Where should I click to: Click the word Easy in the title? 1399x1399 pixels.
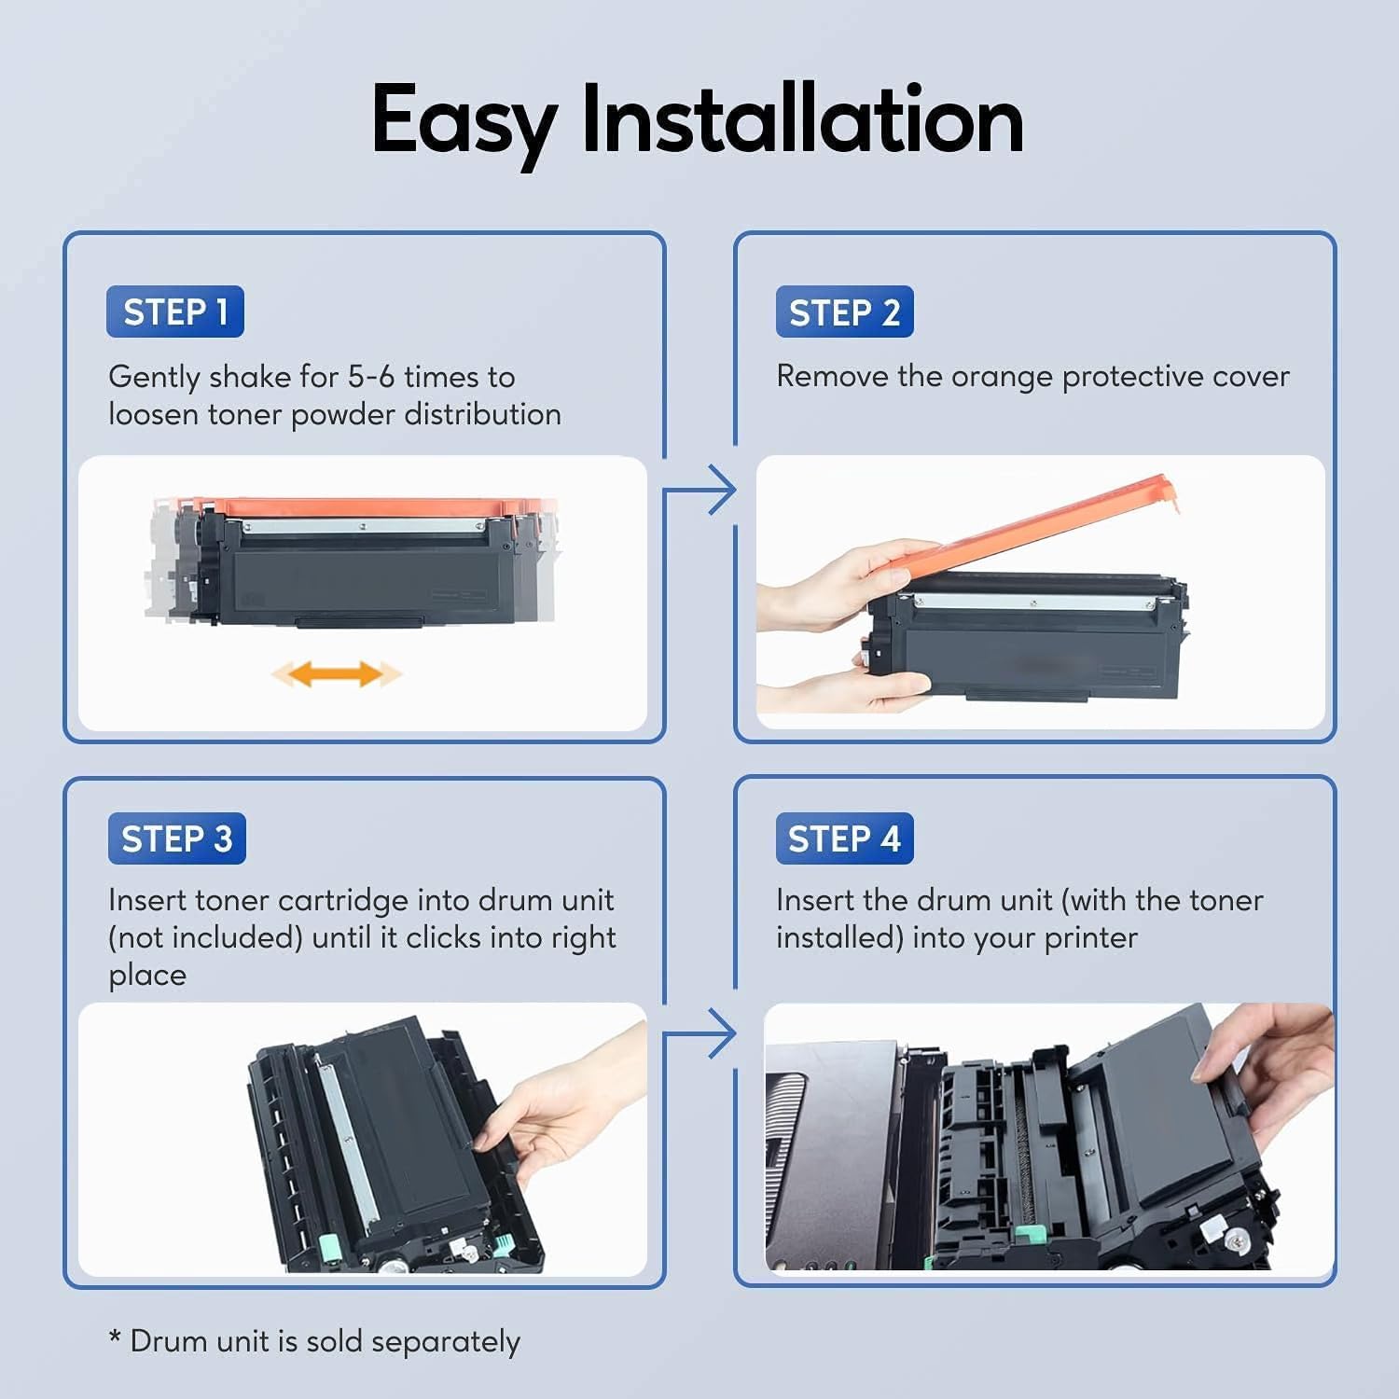[464, 121]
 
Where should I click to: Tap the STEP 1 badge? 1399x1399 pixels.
[175, 312]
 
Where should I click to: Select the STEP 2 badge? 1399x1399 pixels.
[844, 312]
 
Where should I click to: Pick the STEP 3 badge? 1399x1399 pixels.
[176, 838]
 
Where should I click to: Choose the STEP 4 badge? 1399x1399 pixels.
[844, 838]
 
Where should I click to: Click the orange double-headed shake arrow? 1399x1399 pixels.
[336, 673]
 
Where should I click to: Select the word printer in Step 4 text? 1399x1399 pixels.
[1090, 938]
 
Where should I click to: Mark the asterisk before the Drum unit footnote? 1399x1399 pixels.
[115, 1338]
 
